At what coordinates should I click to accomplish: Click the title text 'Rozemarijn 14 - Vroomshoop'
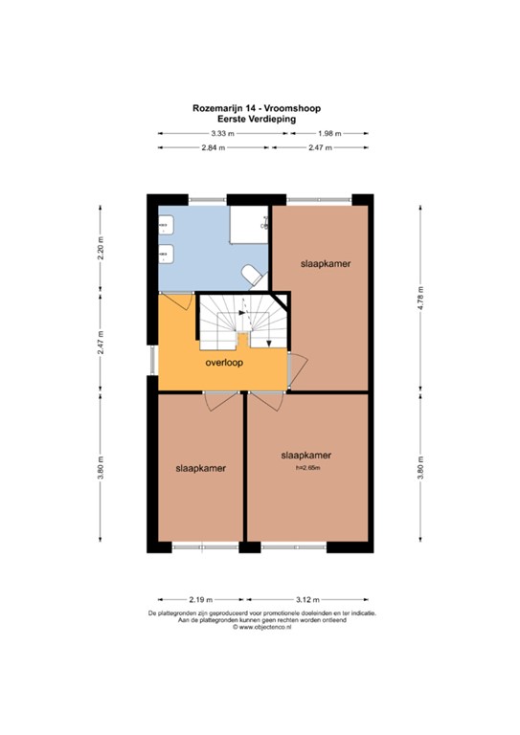[x=260, y=110]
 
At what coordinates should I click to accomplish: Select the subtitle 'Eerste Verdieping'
[x=260, y=120]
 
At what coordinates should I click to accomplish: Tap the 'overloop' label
[x=224, y=364]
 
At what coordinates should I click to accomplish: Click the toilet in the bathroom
[x=252, y=276]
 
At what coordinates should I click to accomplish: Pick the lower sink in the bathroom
[x=167, y=255]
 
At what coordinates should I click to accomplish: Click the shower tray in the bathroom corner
[x=253, y=222]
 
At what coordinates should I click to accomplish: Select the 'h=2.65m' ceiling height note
[x=306, y=467]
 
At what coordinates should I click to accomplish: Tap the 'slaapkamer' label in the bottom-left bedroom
[x=200, y=469]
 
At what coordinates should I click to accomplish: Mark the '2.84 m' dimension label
[x=214, y=148]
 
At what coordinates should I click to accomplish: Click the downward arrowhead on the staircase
[x=269, y=343]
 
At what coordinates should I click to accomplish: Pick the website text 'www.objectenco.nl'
[x=263, y=628]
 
